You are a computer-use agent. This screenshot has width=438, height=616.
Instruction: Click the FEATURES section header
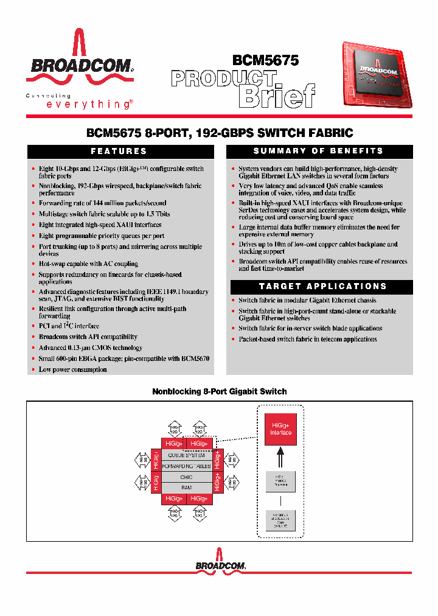119,152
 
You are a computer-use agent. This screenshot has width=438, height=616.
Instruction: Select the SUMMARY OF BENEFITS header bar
319,152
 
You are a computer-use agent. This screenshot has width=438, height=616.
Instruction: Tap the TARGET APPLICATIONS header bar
319,286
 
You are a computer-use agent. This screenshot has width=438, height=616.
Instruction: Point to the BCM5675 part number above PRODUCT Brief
266,60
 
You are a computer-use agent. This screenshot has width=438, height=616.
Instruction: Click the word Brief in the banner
277,96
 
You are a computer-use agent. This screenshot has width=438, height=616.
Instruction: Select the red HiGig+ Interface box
281,429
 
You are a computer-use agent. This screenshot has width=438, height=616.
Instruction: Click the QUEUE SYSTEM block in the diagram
187,455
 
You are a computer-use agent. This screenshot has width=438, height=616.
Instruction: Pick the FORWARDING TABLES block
187,466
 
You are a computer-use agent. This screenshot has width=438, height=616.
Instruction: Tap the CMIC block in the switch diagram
187,477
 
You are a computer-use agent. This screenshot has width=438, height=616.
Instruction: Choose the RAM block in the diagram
187,488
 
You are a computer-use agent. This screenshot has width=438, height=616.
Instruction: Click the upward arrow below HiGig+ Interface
281,457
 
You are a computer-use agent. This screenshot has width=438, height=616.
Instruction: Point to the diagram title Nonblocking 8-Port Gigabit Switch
219,391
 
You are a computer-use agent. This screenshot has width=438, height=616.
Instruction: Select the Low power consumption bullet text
73,369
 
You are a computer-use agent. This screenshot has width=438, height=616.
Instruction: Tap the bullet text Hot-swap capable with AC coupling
88,264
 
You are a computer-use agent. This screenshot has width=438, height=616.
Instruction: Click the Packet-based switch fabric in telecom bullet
308,339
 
